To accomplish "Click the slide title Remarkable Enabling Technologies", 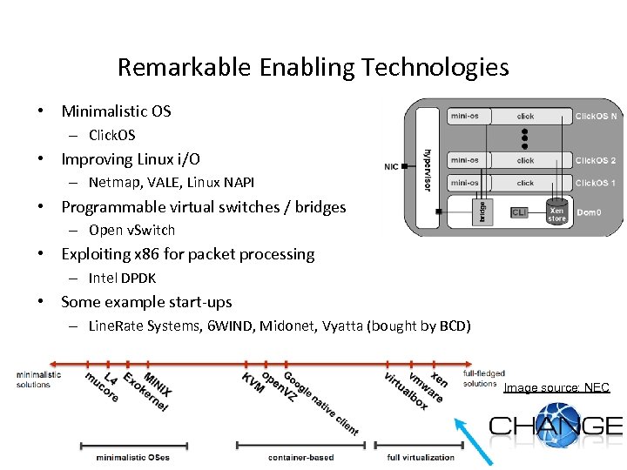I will pos(313,67).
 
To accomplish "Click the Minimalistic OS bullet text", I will pos(116,111).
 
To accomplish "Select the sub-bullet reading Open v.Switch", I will pos(131,231).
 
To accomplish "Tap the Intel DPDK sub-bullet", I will pos(122,279).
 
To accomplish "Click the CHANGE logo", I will pos(556,427).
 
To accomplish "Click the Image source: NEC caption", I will pos(556,387).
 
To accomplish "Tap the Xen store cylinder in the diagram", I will pos(557,213).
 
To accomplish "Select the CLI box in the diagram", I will pos(519,211).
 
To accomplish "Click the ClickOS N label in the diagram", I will pos(596,116).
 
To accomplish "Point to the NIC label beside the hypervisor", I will pos(392,167).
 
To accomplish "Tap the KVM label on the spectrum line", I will pos(253,383).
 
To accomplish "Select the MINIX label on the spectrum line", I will pos(157,386).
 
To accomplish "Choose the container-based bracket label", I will pos(300,457).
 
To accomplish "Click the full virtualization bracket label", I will pos(421,457).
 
